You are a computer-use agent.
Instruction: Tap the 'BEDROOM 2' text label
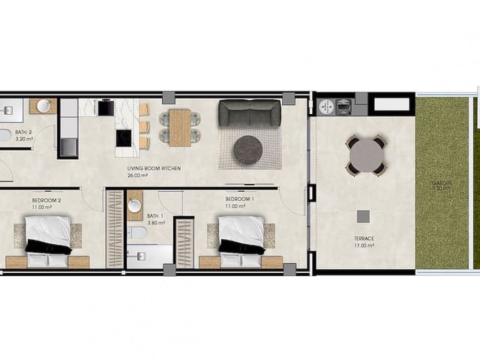pos(46,200)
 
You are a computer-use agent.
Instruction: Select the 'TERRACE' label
pos(364,238)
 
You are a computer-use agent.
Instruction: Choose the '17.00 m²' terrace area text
pos(364,246)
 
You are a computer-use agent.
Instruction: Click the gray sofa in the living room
pos(250,113)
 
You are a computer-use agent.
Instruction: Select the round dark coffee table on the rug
pos(248,149)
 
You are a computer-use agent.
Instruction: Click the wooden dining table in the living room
pos(179,127)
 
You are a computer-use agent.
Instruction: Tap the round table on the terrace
pos(366,155)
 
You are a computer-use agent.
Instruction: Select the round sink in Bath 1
pos(135,205)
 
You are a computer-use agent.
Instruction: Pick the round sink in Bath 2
pos(43,106)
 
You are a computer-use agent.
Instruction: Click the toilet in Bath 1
pos(137,232)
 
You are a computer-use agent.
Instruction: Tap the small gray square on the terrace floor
pos(363,216)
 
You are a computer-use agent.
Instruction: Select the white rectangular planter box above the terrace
pos(390,103)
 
